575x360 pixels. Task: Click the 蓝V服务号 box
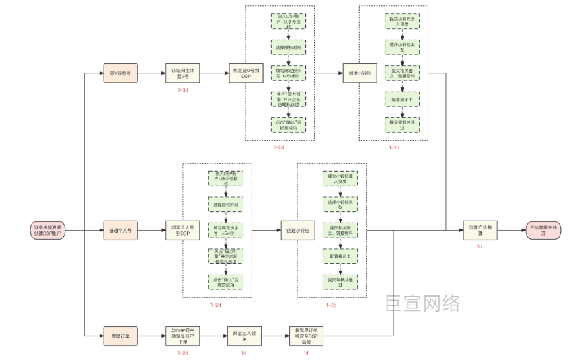(x=120, y=73)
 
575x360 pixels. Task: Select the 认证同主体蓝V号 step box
(x=182, y=73)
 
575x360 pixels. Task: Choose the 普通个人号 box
(x=120, y=231)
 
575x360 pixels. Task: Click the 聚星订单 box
(x=120, y=334)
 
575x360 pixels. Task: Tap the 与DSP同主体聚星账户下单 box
(x=182, y=334)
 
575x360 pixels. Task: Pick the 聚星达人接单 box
(x=243, y=334)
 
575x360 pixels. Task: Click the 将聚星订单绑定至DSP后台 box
(x=305, y=334)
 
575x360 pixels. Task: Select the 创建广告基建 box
(x=480, y=231)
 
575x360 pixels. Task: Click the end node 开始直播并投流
(x=545, y=231)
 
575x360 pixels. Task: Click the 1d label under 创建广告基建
(x=480, y=247)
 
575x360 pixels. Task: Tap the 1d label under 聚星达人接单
(x=243, y=352)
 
